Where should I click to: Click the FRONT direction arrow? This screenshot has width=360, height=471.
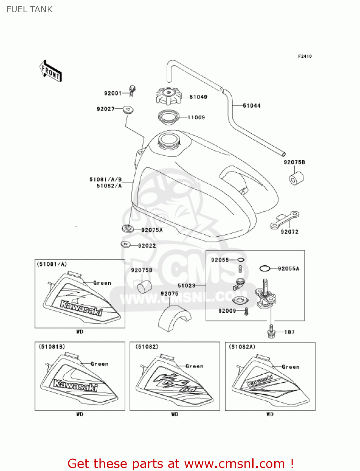click(50, 71)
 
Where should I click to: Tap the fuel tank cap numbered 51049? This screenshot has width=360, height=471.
click(169, 96)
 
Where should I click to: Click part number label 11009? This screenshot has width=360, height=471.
click(196, 117)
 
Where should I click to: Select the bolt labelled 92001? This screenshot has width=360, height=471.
click(132, 91)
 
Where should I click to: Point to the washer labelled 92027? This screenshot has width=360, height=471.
click(128, 110)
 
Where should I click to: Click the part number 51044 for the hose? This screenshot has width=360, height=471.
click(252, 106)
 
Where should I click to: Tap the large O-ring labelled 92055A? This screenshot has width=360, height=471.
click(265, 268)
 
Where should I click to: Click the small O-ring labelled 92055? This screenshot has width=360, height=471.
click(241, 260)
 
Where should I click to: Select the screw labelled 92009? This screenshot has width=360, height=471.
click(246, 311)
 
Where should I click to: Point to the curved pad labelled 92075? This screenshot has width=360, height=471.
click(174, 317)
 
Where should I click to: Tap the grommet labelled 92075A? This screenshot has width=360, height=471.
click(128, 228)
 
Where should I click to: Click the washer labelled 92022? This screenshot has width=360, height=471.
click(126, 244)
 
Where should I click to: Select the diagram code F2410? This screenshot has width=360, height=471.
click(305, 56)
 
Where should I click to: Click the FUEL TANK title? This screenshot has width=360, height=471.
click(30, 9)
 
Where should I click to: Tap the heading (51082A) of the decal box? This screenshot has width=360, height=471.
click(242, 347)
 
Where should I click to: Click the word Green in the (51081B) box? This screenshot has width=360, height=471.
click(99, 364)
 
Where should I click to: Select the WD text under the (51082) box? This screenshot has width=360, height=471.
click(175, 414)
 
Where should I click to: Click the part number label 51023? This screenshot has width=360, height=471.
click(186, 285)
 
